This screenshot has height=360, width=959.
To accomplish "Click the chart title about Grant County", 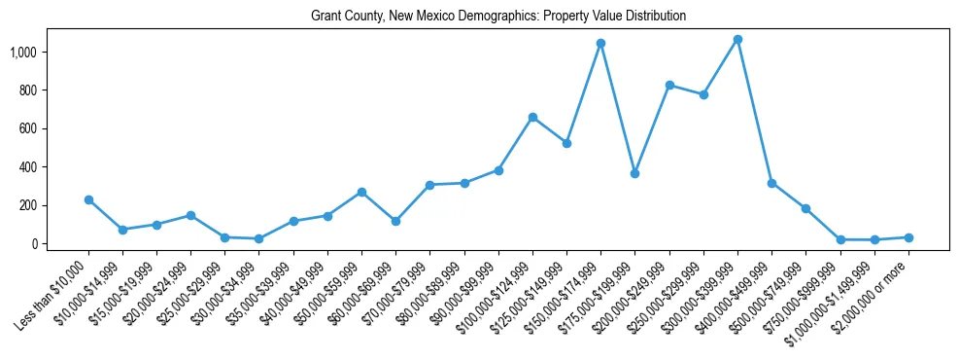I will (x=498, y=17).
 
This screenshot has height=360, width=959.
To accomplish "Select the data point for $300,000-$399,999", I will (x=738, y=39).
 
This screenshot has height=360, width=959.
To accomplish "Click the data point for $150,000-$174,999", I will (x=601, y=43).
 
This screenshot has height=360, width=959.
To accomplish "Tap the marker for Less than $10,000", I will (x=88, y=199).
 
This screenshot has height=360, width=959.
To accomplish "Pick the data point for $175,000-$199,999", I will (x=635, y=173).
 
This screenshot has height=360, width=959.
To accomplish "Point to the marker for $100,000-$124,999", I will (x=532, y=117).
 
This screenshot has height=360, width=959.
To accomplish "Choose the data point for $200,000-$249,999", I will (x=669, y=85).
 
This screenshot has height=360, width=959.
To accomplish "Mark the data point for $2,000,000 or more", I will (x=908, y=237).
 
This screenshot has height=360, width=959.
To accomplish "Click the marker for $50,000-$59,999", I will (x=361, y=192).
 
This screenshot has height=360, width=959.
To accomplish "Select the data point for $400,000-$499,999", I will (x=772, y=183).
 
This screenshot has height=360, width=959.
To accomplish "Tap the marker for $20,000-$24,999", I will (x=191, y=215).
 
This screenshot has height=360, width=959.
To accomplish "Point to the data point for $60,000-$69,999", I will (x=396, y=221).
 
